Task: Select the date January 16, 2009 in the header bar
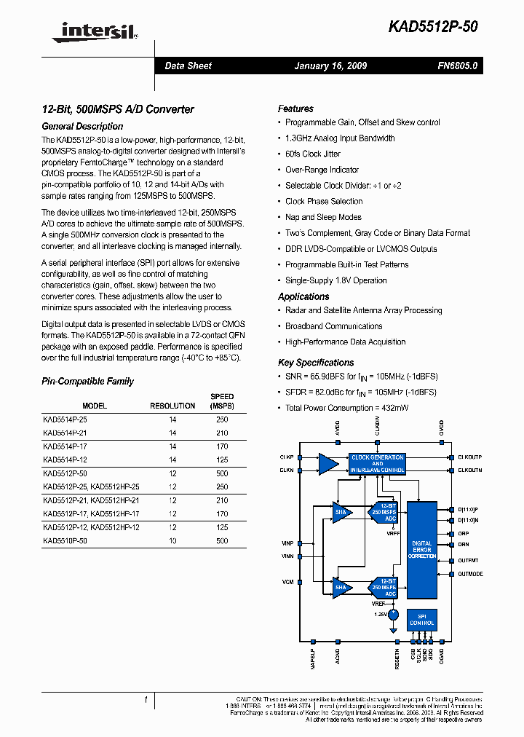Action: pyautogui.click(x=330, y=66)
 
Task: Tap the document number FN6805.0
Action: pyautogui.click(x=458, y=66)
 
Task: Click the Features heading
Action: pyautogui.click(x=295, y=109)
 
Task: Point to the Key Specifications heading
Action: pyautogui.click(x=316, y=363)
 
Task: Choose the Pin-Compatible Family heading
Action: pyautogui.click(x=87, y=382)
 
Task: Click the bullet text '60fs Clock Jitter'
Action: pyautogui.click(x=313, y=154)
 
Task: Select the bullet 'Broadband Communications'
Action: pyautogui.click(x=333, y=326)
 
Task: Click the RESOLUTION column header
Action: pyautogui.click(x=172, y=406)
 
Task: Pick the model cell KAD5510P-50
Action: pyautogui.click(x=65, y=541)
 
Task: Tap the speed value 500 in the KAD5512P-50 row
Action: pyautogui.click(x=222, y=473)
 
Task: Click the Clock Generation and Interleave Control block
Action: pyautogui.click(x=377, y=464)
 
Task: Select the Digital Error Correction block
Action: pyautogui.click(x=422, y=550)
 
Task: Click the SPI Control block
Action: pyautogui.click(x=422, y=620)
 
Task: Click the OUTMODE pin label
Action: pyautogui.click(x=470, y=574)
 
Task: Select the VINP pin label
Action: pyautogui.click(x=287, y=543)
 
